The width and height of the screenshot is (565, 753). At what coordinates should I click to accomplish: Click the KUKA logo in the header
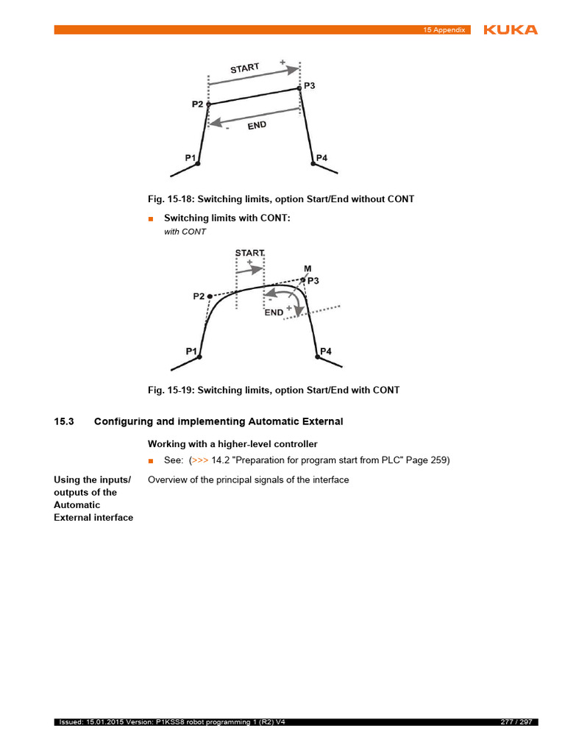tap(510, 29)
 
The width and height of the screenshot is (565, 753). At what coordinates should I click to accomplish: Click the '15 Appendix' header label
tap(444, 30)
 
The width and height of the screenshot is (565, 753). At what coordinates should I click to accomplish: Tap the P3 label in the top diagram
tap(310, 86)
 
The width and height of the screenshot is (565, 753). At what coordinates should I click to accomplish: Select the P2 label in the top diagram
tap(197, 104)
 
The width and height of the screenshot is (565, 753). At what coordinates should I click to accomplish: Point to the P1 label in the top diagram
tap(191, 157)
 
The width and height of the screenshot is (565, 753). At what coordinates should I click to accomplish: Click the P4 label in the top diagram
tap(321, 158)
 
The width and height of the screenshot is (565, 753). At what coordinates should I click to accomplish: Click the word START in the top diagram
tap(245, 68)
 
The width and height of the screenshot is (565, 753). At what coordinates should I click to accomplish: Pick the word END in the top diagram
tap(257, 126)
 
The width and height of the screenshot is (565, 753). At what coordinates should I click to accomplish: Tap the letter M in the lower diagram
tap(308, 269)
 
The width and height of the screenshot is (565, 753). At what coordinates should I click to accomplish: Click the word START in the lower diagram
tap(249, 253)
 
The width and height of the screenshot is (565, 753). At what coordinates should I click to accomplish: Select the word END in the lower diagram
tap(274, 312)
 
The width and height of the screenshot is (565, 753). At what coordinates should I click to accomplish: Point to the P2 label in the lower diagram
tap(199, 296)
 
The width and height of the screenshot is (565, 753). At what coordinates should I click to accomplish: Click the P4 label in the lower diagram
tap(326, 351)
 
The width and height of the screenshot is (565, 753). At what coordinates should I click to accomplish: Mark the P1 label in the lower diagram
tap(191, 351)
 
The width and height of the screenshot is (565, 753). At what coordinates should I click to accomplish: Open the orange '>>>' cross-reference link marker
tap(199, 460)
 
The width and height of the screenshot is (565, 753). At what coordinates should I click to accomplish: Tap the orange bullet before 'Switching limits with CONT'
tap(151, 219)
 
